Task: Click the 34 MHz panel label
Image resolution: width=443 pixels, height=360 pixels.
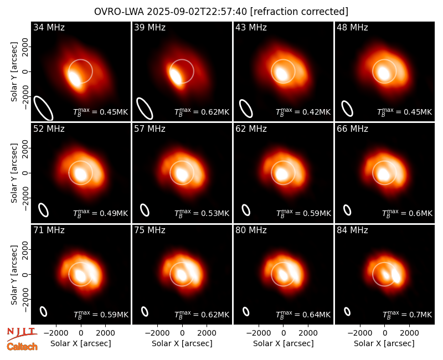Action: tap(49, 27)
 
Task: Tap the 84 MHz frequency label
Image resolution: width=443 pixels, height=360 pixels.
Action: tap(352, 230)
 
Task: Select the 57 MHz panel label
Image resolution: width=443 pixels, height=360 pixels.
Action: tap(150, 129)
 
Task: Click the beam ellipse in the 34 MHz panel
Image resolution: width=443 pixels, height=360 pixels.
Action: tap(44, 107)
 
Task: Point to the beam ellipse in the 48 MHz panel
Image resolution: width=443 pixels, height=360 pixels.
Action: tap(347, 109)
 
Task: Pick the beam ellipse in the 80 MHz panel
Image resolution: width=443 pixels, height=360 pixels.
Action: tap(246, 311)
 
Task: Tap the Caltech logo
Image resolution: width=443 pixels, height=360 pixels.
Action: tap(22, 347)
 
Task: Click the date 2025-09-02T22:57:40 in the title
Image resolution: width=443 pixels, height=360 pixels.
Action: tap(197, 12)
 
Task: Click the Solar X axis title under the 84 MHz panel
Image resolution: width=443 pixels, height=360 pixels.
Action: tap(384, 343)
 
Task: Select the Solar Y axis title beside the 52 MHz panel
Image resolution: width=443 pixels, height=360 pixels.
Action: tap(14, 173)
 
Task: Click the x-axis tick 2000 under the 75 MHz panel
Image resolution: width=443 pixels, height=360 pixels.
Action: tap(207, 333)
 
